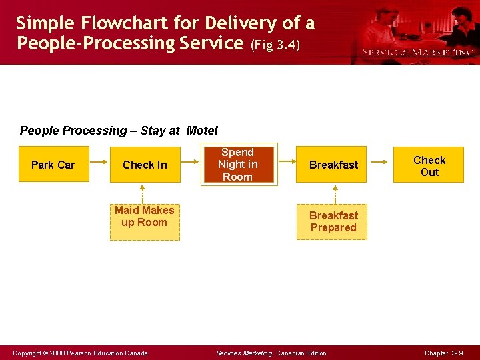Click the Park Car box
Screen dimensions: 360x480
pos(53,165)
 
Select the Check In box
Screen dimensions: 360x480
pos(145,165)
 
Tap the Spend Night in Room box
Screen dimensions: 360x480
pos(238,164)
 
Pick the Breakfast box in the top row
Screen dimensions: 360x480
pos(333,165)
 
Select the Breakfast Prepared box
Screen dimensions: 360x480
pos(333,221)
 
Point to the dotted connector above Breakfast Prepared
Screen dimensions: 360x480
pos(335,193)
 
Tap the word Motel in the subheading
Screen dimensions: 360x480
pos(202,131)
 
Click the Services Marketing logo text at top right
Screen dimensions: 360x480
pos(418,52)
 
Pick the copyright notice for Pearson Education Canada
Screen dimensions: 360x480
pos(81,353)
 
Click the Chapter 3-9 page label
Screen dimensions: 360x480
pos(443,353)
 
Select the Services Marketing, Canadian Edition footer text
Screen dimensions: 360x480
pos(272,353)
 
